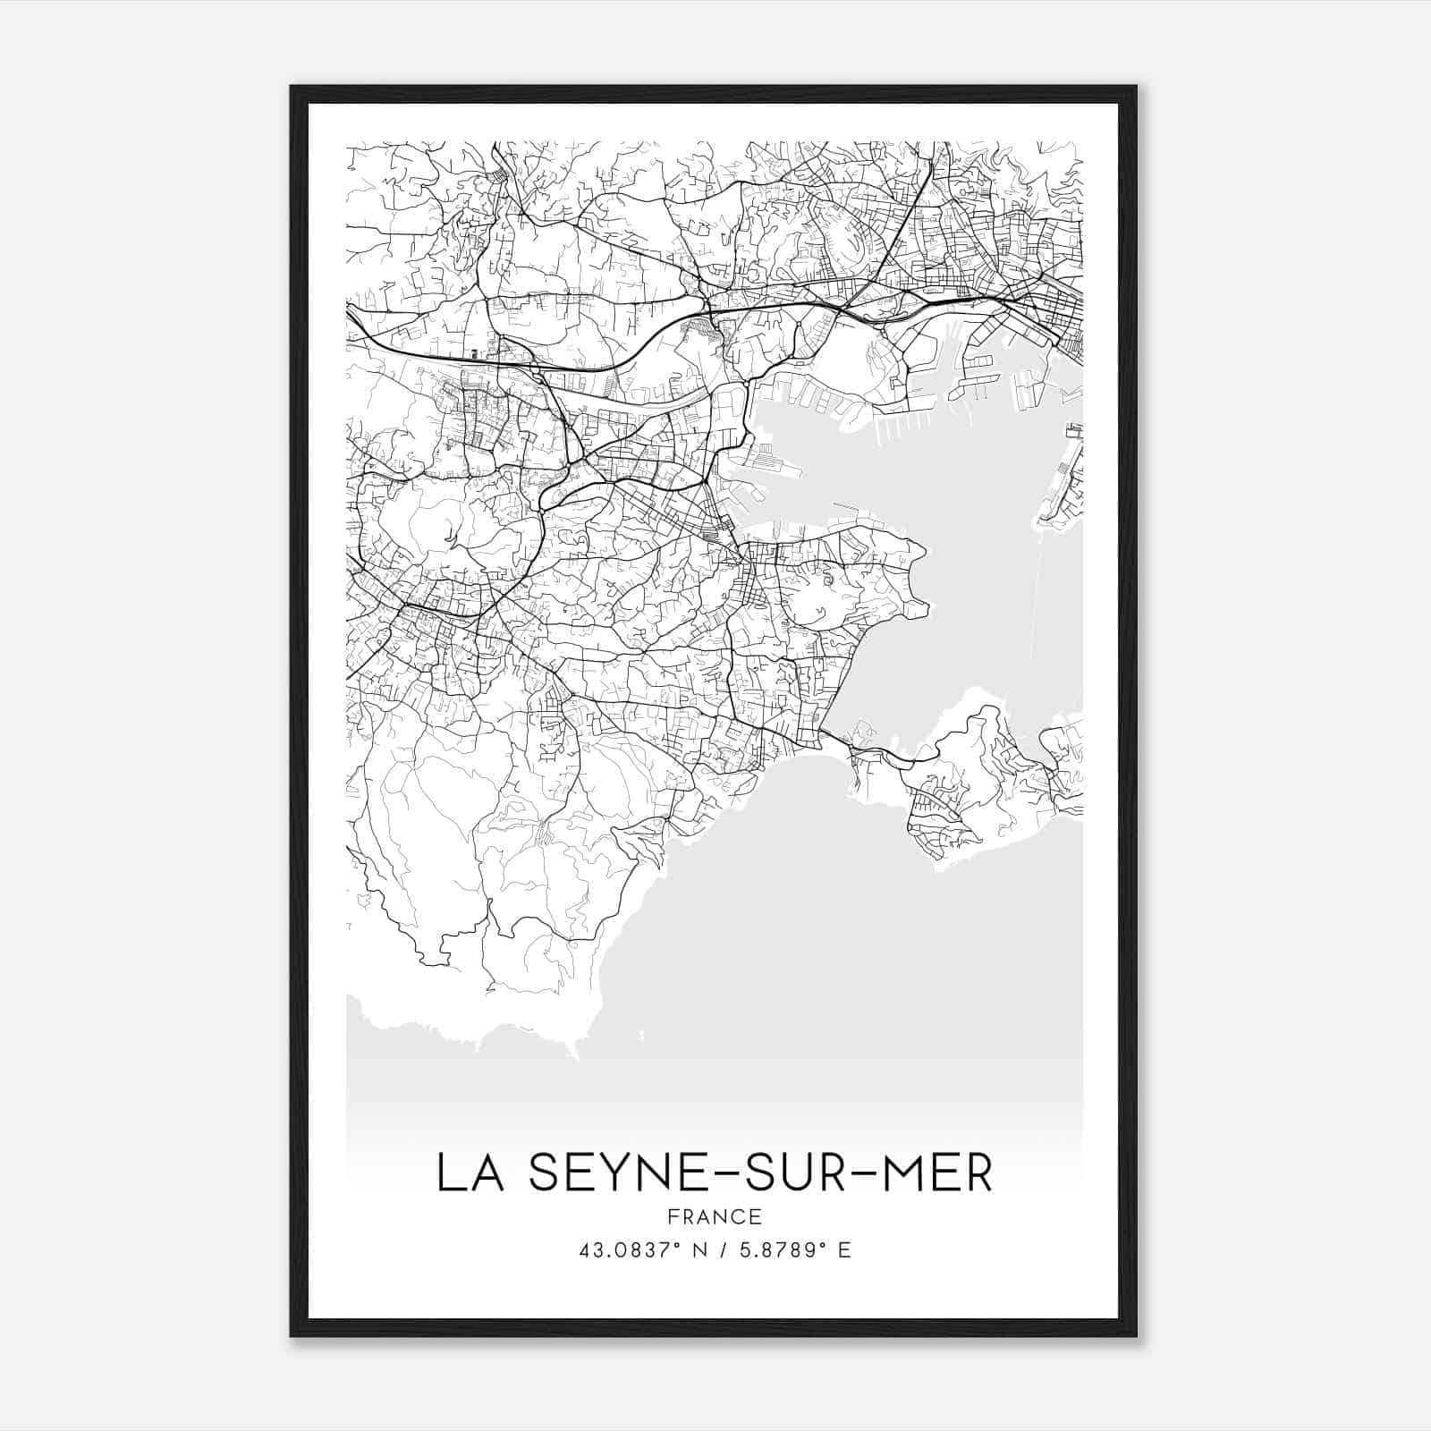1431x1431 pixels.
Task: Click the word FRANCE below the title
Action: [714, 1217]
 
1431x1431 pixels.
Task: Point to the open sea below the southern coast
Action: [850, 966]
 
